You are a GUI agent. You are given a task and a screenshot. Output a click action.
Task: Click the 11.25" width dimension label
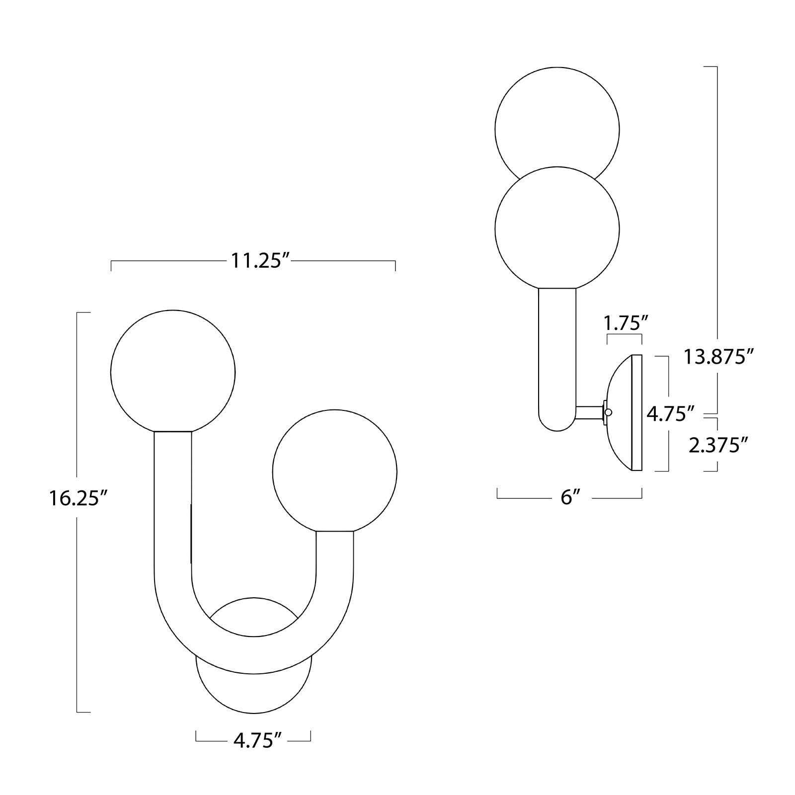[x=256, y=261]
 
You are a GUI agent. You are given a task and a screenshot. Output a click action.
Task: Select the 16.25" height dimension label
[x=78, y=498]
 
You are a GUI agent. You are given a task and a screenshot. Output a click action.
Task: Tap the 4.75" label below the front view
[x=254, y=741]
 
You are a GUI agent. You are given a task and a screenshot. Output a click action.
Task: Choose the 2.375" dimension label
[x=718, y=445]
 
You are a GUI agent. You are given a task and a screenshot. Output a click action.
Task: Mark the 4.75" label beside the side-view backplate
[x=670, y=412]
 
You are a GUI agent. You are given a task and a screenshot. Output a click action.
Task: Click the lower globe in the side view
[x=557, y=229]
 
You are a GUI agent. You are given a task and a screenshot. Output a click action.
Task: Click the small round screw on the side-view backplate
[x=609, y=412]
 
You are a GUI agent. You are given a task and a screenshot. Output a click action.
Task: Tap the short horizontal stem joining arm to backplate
[x=589, y=412]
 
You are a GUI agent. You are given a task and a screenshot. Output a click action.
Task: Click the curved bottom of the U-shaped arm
[x=254, y=656]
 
